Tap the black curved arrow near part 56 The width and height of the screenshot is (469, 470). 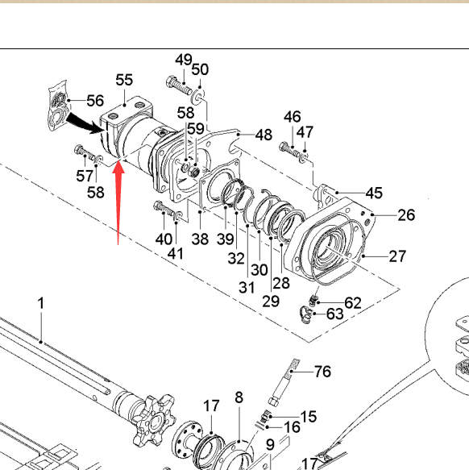point(85,123)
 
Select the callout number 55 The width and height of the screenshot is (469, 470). point(124,80)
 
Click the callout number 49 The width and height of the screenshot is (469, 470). point(184,60)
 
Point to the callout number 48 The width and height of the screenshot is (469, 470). point(264,135)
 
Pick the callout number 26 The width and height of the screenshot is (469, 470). point(406,215)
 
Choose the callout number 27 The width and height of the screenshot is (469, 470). point(397,256)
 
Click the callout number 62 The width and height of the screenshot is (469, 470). point(353,303)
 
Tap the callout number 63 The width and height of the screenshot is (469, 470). point(334,314)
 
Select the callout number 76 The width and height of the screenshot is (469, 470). point(322,372)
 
